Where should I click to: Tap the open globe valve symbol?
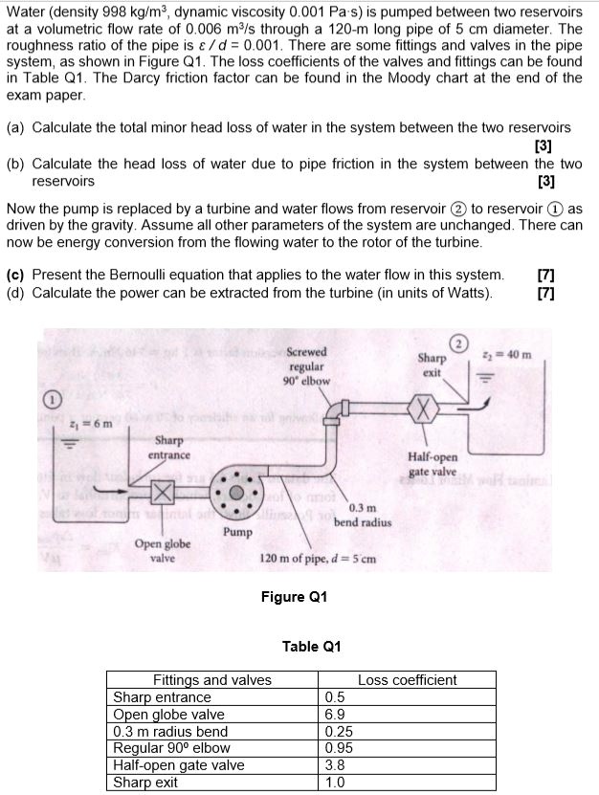[x=163, y=493]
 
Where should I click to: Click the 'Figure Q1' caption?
[x=294, y=597]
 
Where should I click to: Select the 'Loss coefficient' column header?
[x=407, y=680]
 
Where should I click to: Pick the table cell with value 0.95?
[x=339, y=748]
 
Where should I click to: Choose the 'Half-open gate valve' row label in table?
[x=179, y=765]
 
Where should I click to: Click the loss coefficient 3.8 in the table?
[x=335, y=765]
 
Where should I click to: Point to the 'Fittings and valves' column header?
[x=212, y=680]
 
